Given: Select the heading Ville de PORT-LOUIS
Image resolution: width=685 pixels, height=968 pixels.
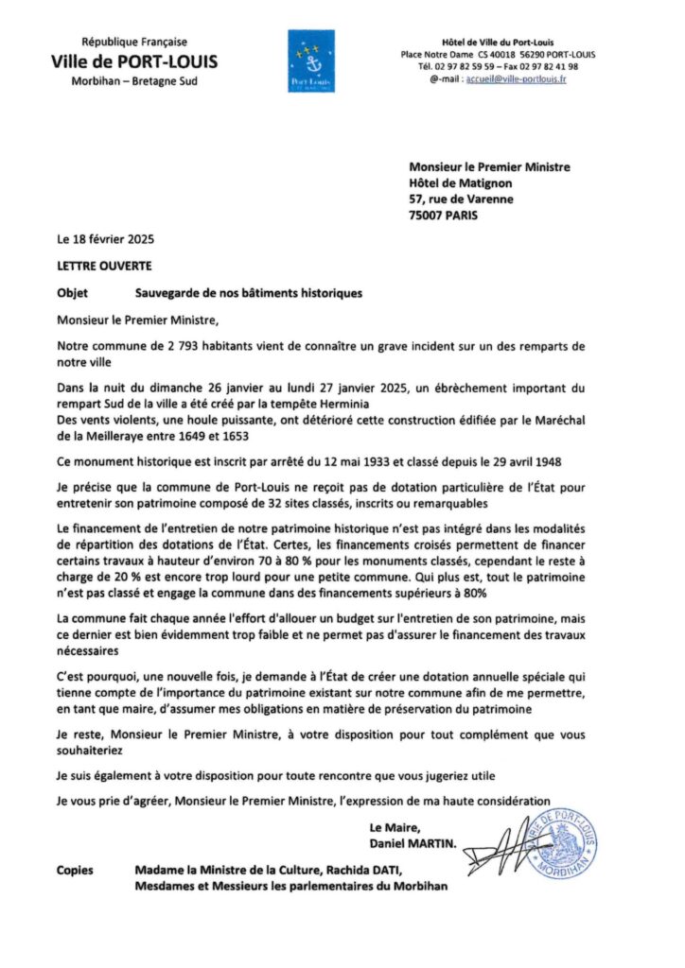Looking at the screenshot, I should pos(134,62).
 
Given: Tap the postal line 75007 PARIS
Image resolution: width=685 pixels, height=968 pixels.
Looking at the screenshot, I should pos(444,215).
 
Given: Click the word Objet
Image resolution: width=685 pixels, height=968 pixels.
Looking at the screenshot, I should pos(72,293).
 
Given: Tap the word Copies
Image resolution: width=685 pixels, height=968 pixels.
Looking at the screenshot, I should pos(75,871).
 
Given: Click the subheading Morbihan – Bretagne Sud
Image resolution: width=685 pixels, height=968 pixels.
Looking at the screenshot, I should pos(134,81).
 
